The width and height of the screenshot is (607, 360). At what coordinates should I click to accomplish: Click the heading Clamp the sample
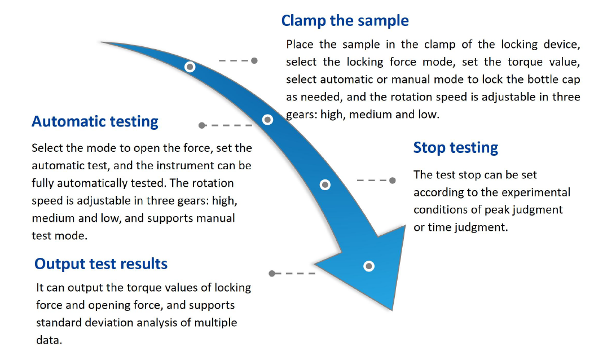point(345,21)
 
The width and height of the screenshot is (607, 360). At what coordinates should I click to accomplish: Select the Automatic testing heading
point(95,121)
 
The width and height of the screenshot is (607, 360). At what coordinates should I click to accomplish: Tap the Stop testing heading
point(456,148)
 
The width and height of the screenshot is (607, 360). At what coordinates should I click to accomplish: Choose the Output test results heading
point(101,264)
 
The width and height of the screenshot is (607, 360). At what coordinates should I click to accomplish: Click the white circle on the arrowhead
point(368,266)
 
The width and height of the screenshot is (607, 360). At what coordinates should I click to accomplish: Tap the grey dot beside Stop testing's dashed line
point(393,181)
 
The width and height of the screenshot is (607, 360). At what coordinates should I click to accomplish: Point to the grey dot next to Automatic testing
point(201,125)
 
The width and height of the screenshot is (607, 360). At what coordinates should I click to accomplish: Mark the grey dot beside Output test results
point(272,273)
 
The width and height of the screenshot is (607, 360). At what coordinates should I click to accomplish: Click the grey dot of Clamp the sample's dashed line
point(254,60)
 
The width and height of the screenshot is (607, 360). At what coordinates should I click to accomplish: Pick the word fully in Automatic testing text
point(43,183)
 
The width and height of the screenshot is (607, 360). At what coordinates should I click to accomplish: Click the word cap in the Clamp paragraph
point(570,79)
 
